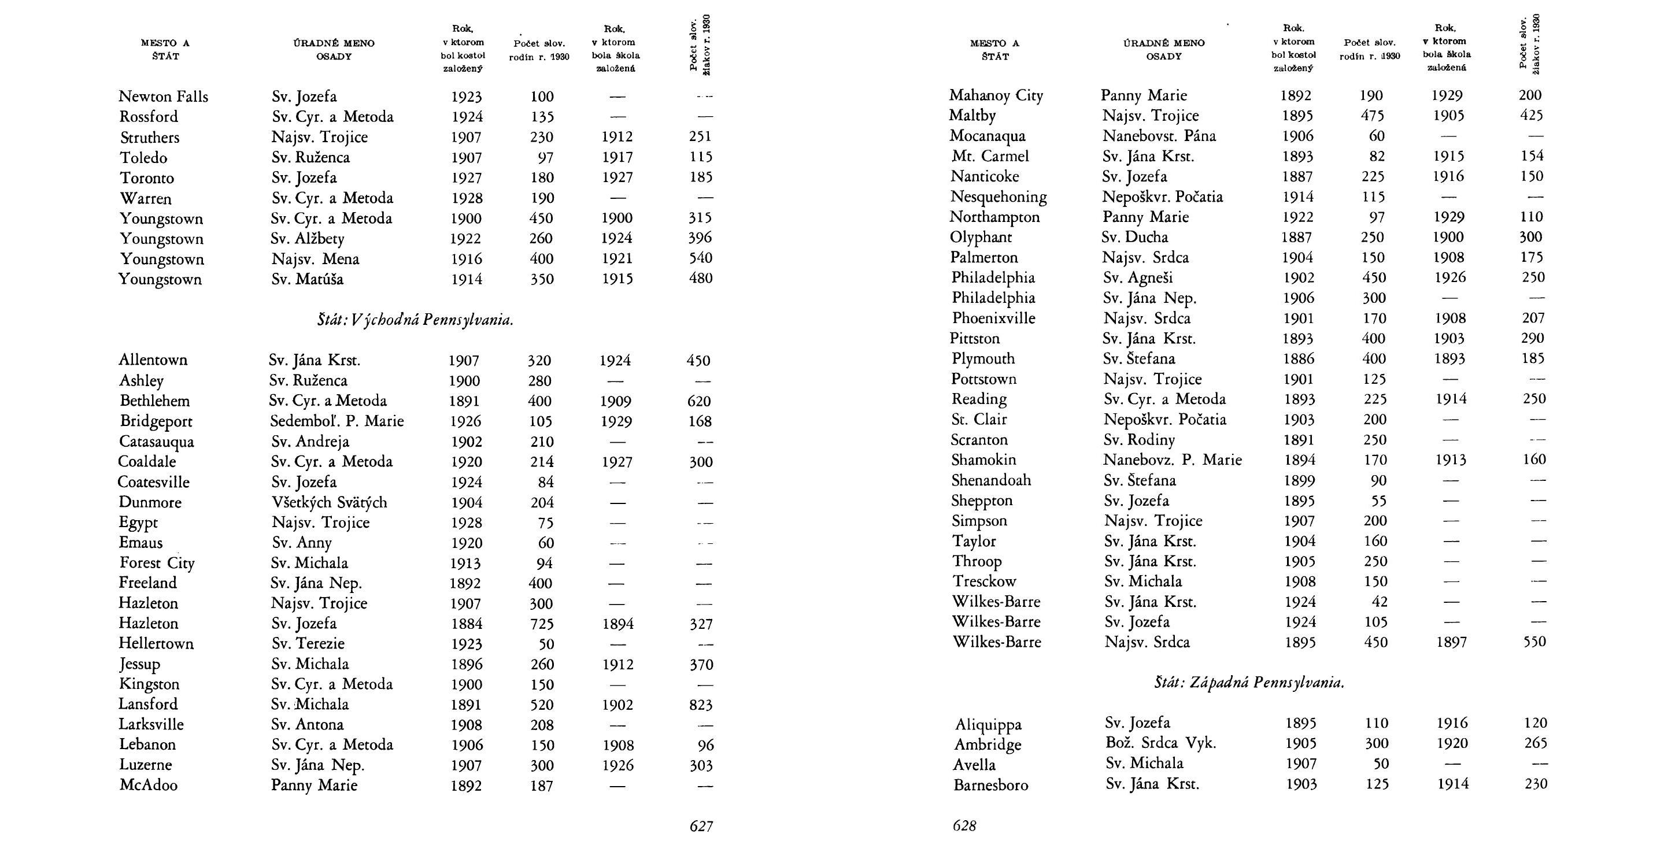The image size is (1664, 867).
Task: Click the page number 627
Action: [701, 826]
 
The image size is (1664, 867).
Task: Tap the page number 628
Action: [964, 826]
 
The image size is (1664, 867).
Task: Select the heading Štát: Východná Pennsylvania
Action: [415, 320]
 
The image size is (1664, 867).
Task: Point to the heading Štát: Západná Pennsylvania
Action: [1249, 683]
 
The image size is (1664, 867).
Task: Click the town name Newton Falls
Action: [164, 97]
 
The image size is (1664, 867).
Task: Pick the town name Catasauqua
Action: [156, 442]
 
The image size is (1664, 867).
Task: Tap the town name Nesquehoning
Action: [998, 197]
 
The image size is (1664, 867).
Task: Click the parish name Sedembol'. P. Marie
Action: [337, 421]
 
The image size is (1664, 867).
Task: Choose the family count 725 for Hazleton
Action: [541, 624]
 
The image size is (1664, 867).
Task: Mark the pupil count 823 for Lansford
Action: [700, 705]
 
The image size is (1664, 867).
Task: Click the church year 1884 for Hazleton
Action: [466, 624]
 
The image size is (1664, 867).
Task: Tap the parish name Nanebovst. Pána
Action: [1159, 136]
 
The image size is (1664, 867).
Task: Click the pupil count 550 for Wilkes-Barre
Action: [1534, 642]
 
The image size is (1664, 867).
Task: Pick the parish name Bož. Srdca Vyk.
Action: [1160, 743]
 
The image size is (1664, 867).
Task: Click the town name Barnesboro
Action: [990, 785]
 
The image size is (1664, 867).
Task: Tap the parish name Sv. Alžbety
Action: [308, 239]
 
